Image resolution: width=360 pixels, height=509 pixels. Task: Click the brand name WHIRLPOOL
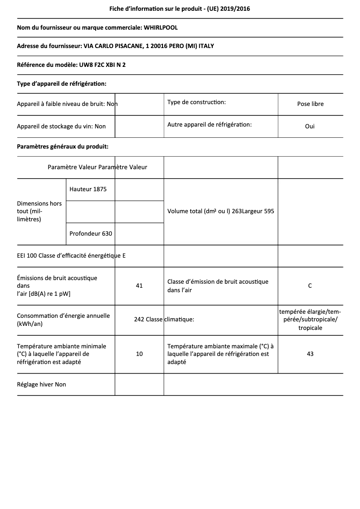point(160,27)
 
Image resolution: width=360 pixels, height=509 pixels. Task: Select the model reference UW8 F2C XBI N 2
point(102,65)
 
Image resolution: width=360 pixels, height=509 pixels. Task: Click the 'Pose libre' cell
point(310,104)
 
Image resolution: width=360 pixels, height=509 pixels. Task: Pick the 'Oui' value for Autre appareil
point(310,126)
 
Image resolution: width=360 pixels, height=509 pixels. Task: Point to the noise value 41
point(139,285)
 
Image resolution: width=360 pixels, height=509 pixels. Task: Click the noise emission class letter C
point(310,285)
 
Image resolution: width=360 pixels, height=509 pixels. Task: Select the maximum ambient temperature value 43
point(310,354)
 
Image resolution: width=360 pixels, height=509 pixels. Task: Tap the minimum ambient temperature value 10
point(139,354)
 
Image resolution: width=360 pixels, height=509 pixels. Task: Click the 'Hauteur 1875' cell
point(88,189)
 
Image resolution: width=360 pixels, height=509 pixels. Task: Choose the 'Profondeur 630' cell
point(91,233)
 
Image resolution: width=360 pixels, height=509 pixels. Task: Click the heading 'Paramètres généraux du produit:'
point(62,146)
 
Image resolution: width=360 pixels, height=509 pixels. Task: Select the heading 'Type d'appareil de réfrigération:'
point(61,83)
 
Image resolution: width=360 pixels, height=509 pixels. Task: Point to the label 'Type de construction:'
point(197,102)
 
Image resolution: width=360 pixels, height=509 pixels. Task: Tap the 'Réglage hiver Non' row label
point(41,384)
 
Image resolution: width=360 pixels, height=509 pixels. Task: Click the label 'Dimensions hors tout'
point(40,211)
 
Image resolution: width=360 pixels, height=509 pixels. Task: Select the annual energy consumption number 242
point(139,320)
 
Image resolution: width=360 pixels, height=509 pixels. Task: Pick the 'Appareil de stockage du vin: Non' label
point(61,126)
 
